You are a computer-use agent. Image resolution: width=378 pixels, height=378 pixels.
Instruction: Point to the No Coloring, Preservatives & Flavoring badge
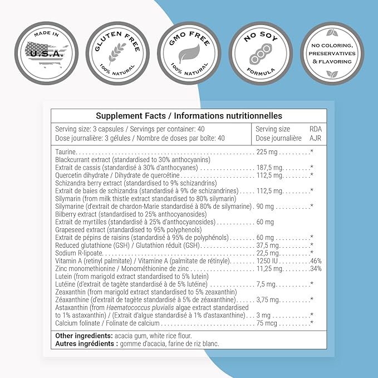332,53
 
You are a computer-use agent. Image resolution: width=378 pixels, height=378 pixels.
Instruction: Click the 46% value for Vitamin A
316,261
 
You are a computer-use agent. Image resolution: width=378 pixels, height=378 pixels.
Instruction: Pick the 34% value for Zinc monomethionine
316,268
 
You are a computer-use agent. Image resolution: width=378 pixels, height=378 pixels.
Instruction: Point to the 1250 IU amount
266,261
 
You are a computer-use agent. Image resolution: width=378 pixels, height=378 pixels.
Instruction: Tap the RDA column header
315,130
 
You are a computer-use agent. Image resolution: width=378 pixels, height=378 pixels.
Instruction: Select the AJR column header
315,138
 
